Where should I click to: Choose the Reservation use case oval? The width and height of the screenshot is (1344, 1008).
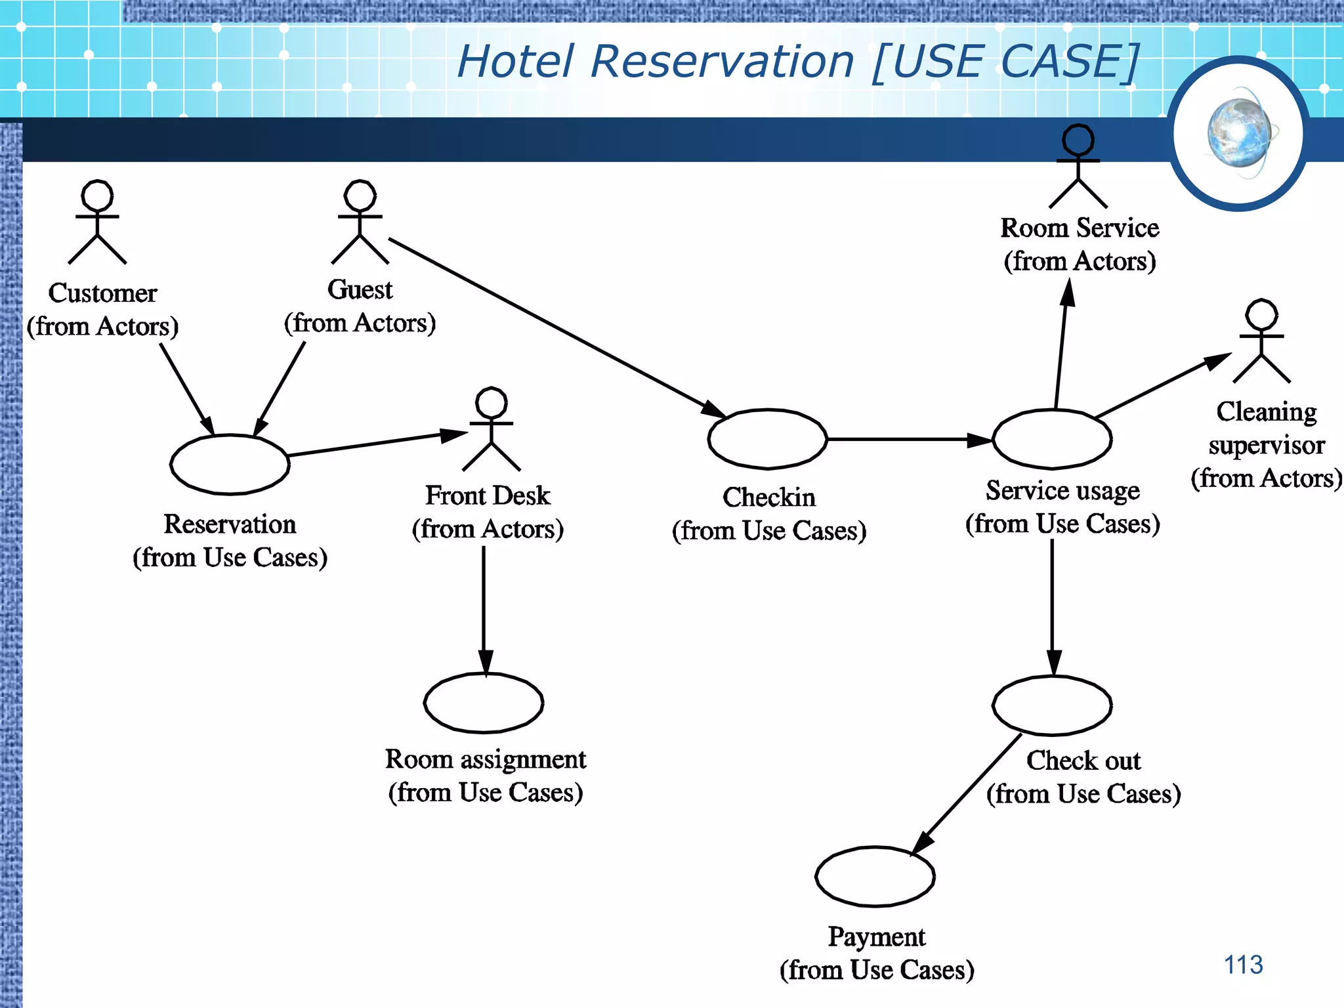(230, 465)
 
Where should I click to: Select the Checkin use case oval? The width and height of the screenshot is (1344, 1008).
(767, 439)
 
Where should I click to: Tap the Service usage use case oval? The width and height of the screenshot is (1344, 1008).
(1052, 439)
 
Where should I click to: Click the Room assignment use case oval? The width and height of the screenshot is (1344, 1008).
(484, 703)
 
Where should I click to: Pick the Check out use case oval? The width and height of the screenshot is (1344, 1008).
(1052, 705)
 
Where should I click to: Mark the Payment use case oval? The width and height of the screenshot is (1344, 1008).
(875, 877)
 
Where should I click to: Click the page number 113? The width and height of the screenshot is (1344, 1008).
(1243, 965)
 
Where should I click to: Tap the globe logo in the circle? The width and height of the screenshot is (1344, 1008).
(1239, 133)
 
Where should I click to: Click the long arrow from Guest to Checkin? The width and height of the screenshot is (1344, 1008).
(558, 328)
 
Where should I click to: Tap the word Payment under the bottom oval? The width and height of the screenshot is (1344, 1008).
(877, 936)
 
